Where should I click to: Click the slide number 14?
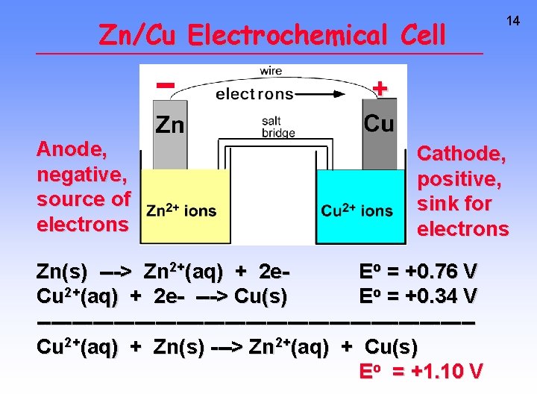click(x=513, y=22)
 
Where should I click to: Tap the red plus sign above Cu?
click(x=380, y=88)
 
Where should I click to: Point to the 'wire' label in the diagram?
click(x=271, y=71)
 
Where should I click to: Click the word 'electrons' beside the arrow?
click(x=254, y=94)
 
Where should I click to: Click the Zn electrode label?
click(x=169, y=125)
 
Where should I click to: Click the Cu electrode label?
click(x=379, y=123)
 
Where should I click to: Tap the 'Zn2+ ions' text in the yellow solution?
click(x=182, y=211)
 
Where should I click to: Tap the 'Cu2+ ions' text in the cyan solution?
click(x=357, y=211)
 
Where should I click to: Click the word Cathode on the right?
click(x=462, y=154)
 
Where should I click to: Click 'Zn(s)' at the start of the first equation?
click(x=62, y=271)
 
